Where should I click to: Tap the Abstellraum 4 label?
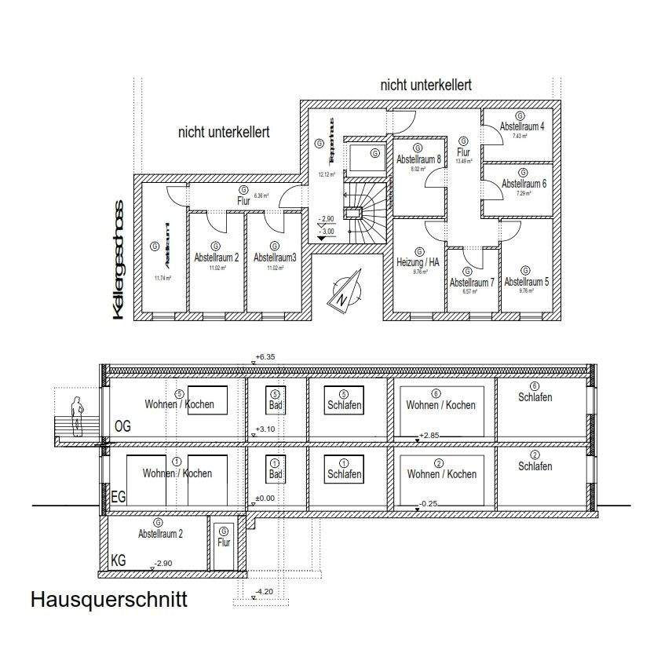[522, 126]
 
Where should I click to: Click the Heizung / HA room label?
[418, 262]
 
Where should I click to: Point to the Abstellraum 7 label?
[471, 283]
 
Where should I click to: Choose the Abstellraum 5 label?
[525, 281]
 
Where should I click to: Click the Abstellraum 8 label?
[418, 159]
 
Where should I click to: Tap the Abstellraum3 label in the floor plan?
[274, 257]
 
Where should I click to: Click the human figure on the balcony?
[77, 416]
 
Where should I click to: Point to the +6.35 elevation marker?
[267, 357]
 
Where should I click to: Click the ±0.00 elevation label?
[265, 498]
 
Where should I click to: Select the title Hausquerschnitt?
[108, 601]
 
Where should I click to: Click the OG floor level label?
[122, 426]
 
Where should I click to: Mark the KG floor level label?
[119, 562]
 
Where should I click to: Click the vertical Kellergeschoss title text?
[119, 259]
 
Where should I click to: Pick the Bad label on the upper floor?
[275, 404]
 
